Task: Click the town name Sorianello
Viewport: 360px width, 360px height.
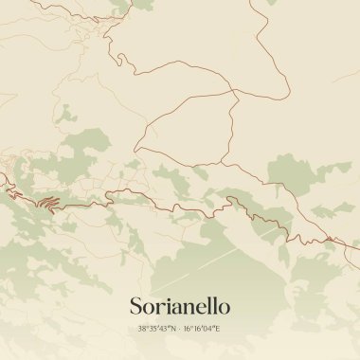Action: click(179, 307)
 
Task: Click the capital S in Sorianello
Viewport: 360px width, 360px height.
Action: click(135, 307)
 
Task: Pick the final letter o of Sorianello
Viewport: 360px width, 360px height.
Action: click(225, 309)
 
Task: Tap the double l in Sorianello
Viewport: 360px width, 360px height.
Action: click(212, 306)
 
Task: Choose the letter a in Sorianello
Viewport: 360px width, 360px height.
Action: click(175, 309)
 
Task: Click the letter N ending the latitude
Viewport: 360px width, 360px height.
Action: click(174, 329)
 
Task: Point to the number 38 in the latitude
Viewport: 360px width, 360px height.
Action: click(141, 329)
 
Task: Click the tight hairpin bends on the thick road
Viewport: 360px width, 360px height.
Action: click(47, 202)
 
